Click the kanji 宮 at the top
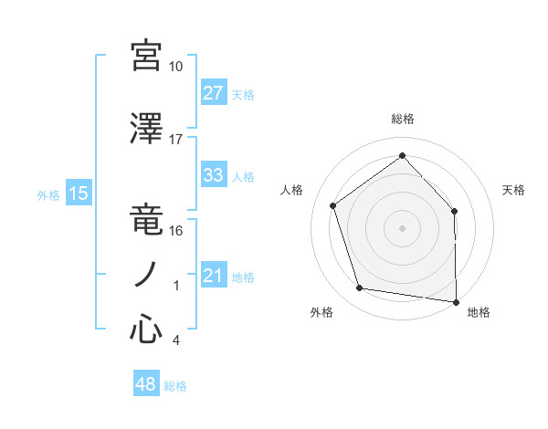point(146,57)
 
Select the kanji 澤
point(146,131)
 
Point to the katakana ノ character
point(146,275)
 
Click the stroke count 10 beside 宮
point(176,67)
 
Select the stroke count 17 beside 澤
point(176,140)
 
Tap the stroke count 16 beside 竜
point(176,231)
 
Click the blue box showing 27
point(214,93)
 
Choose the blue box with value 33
point(214,175)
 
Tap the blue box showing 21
point(214,276)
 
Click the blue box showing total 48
point(146,385)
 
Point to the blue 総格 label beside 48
point(176,386)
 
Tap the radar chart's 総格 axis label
point(403,119)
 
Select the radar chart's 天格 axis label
point(514,190)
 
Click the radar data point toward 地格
point(456,300)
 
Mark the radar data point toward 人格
point(333,205)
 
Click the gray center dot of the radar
point(402,227)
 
